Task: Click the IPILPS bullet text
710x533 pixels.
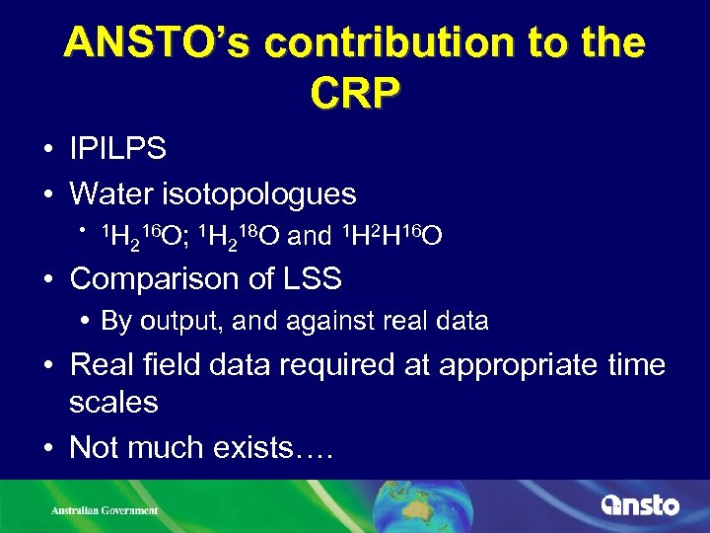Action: [x=117, y=149]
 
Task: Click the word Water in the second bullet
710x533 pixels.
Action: [x=104, y=193]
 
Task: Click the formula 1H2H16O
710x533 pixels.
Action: [x=391, y=237]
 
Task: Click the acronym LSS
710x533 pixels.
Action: [x=310, y=279]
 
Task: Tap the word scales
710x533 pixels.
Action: [x=113, y=403]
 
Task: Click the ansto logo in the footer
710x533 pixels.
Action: [x=640, y=504]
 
